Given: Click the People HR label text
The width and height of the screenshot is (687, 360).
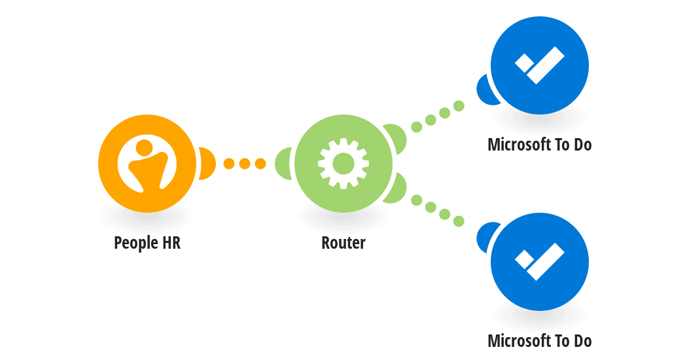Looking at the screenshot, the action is (x=147, y=243).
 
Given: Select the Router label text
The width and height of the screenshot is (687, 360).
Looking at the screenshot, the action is (x=343, y=242).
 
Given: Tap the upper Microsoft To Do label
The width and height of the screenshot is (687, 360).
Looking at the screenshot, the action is (x=540, y=144).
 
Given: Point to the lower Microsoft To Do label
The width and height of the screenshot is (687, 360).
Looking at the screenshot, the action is (x=540, y=341).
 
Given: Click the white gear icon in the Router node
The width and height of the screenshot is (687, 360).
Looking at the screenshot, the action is (x=343, y=164).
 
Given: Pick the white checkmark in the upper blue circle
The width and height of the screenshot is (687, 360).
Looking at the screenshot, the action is (x=539, y=65).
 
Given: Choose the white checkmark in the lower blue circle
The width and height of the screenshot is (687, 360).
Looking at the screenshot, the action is (x=539, y=262).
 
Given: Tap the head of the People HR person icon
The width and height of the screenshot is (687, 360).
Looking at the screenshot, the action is (x=144, y=147).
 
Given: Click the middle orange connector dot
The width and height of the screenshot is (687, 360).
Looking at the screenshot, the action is (x=245, y=164).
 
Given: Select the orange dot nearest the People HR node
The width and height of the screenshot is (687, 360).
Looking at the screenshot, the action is (x=229, y=164).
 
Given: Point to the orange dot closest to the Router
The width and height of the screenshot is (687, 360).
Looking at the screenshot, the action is (x=260, y=164).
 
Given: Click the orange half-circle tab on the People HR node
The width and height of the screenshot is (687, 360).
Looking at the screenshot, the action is (x=207, y=164).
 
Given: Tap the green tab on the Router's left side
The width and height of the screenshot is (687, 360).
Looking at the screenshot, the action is (x=283, y=164).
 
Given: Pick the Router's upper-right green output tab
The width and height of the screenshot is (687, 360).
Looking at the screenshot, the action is (x=396, y=138).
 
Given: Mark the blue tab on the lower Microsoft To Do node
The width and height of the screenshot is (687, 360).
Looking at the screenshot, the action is (x=485, y=237).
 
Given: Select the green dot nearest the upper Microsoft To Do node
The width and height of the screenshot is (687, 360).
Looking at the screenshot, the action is (x=459, y=105).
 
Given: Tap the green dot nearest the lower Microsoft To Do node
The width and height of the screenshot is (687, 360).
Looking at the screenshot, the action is (x=459, y=221).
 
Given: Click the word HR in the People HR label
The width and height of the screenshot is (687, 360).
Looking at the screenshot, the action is (x=171, y=242).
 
